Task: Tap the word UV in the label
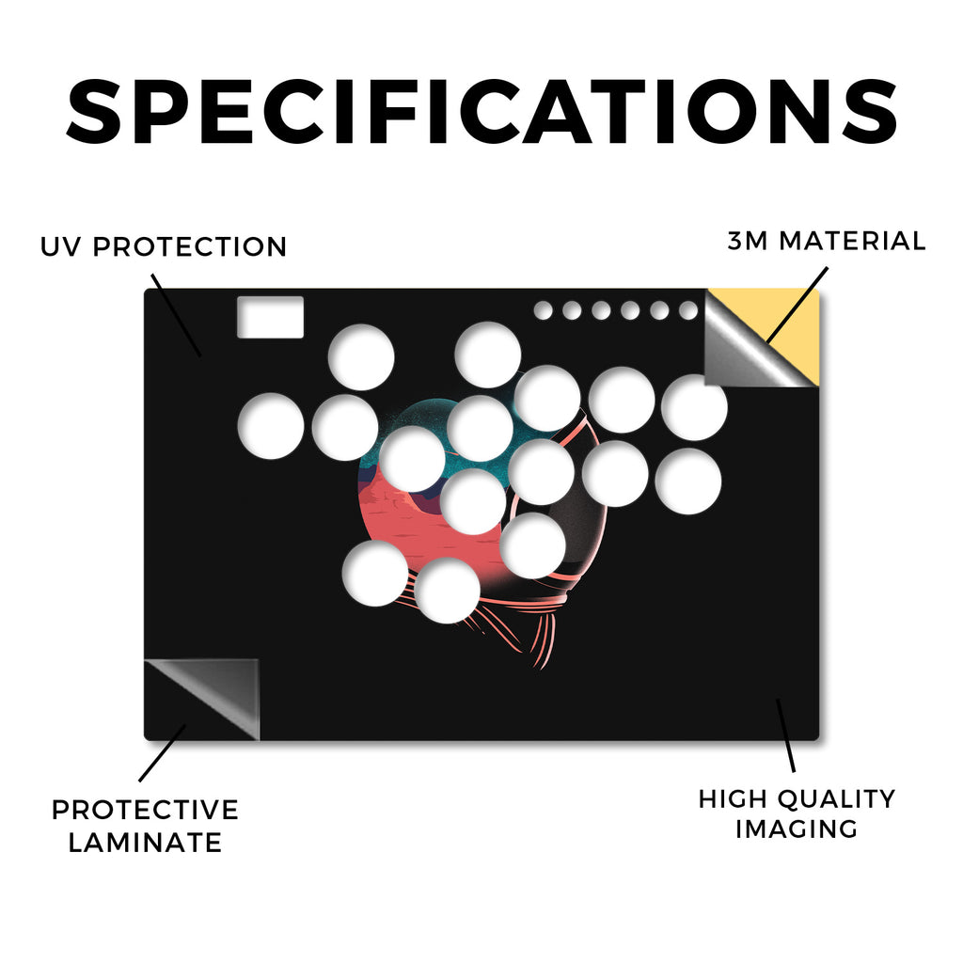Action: pyautogui.click(x=59, y=247)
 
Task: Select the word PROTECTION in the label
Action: pyautogui.click(x=189, y=247)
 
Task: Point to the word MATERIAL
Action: pyautogui.click(x=852, y=241)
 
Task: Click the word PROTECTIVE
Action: pyautogui.click(x=145, y=810)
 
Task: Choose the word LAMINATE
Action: pyautogui.click(x=145, y=843)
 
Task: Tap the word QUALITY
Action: pyautogui.click(x=835, y=799)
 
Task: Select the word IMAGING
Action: pyautogui.click(x=797, y=829)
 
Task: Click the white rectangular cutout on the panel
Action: pyautogui.click(x=270, y=317)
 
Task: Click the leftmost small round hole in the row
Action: pyautogui.click(x=543, y=310)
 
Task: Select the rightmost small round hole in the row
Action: pyautogui.click(x=688, y=310)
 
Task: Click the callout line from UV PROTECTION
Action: pyautogui.click(x=176, y=315)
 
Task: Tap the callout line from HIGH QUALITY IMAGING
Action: pyautogui.click(x=785, y=735)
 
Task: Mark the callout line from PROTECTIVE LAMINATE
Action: pyautogui.click(x=162, y=753)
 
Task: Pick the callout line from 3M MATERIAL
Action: pyautogui.click(x=797, y=305)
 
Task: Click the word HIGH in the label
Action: pyautogui.click(x=732, y=799)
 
